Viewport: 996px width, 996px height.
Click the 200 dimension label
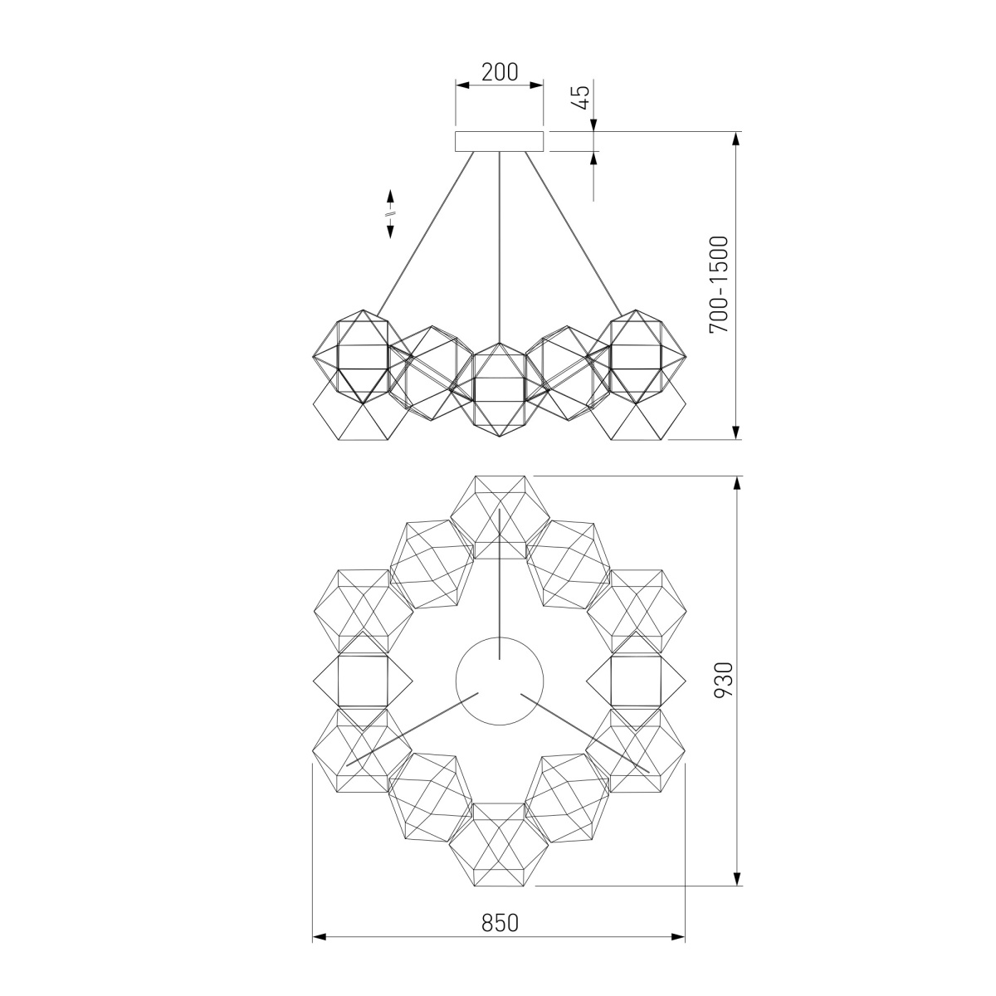[x=500, y=72]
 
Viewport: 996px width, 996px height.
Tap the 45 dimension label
[x=582, y=96]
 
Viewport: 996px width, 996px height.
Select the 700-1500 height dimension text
[x=719, y=285]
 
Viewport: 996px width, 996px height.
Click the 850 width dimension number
[x=500, y=922]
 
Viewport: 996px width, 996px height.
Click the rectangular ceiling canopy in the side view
[x=500, y=142]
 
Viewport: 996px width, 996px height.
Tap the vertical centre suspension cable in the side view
[x=500, y=247]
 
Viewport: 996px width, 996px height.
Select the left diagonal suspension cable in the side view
[x=425, y=233]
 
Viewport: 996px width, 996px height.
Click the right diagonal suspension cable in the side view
[x=574, y=233]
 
